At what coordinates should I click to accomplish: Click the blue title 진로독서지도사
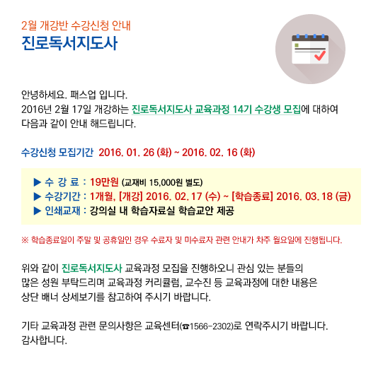(x=69, y=43)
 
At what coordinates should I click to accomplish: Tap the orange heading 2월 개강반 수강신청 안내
(x=76, y=25)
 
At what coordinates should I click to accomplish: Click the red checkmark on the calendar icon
(x=320, y=55)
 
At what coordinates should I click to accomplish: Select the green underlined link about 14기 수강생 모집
(x=216, y=110)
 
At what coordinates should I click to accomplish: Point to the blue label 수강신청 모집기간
(x=57, y=153)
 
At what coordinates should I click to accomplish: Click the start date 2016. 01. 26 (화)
(x=135, y=153)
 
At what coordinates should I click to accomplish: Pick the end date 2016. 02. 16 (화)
(x=219, y=153)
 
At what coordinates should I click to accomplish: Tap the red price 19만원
(x=104, y=182)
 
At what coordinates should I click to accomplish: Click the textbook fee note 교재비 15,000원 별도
(x=162, y=182)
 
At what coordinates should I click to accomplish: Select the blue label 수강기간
(x=62, y=196)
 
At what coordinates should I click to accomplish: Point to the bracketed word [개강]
(x=131, y=196)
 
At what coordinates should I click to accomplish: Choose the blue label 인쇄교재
(x=62, y=211)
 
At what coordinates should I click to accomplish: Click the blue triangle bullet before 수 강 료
(x=37, y=182)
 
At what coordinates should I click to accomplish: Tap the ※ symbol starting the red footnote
(x=25, y=240)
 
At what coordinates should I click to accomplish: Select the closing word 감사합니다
(x=44, y=340)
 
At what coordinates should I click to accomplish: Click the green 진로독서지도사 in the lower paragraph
(x=91, y=268)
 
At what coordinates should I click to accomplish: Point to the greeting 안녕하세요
(x=44, y=95)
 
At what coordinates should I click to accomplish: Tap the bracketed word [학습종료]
(x=252, y=196)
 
